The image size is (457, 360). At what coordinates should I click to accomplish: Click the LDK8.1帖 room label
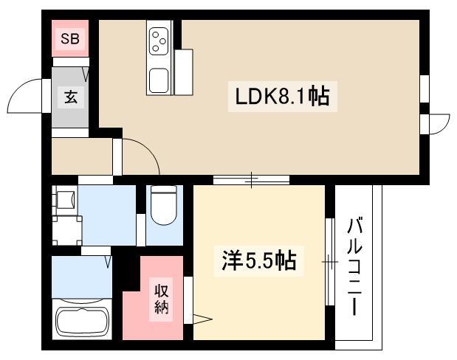pos(283,97)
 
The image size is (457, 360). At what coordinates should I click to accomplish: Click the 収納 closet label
pos(162,298)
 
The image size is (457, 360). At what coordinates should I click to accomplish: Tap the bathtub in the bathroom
pos(81,322)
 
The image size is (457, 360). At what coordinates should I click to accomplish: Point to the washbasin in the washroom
pos(65,200)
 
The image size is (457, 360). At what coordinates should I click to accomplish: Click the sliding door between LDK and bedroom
pos(251,179)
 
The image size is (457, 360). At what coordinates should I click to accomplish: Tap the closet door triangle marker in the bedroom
pos(202,319)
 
